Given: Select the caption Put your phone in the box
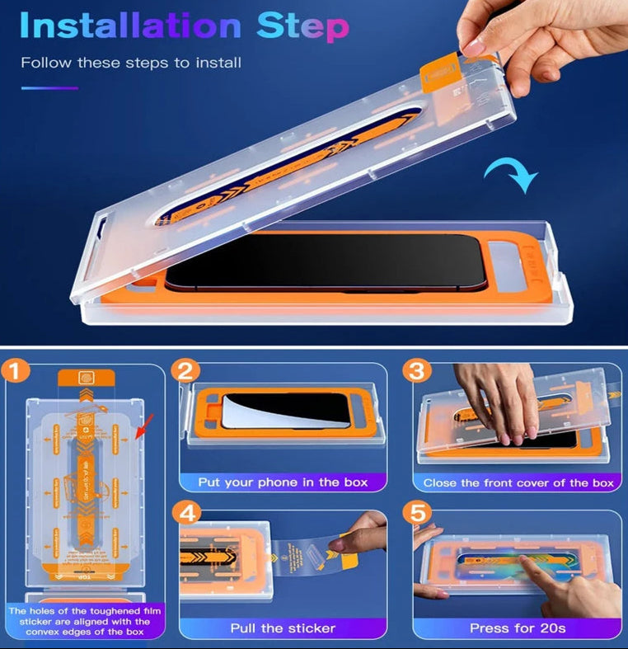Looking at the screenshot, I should click(283, 482).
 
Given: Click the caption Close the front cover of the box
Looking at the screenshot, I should click(518, 482).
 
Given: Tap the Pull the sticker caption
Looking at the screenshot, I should click(283, 628).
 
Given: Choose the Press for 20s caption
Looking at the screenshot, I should click(518, 628).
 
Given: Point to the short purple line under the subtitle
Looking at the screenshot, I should click(49, 88).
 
